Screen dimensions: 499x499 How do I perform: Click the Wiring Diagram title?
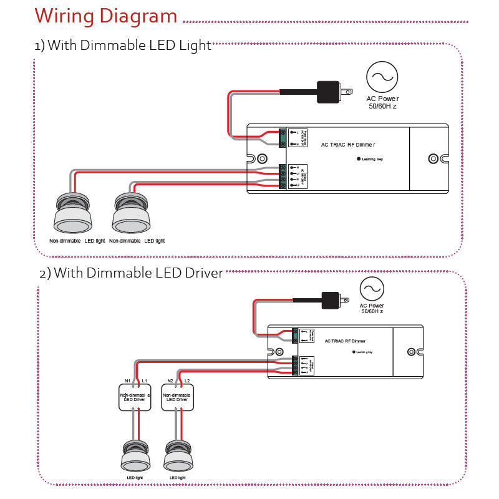click(106, 16)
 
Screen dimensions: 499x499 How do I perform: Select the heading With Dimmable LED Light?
click(123, 46)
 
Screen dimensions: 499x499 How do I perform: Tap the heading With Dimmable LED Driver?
click(131, 273)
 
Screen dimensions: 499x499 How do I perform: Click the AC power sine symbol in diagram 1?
click(382, 77)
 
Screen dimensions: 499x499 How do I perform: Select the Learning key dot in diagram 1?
click(359, 158)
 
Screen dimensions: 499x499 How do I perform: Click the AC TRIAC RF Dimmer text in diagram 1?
click(352, 145)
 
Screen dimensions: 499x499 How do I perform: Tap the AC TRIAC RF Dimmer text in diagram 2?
click(345, 341)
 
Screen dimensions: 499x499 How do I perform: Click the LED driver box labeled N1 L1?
click(135, 397)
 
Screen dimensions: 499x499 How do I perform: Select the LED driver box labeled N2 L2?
click(178, 397)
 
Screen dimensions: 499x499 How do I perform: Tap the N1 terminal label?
click(127, 380)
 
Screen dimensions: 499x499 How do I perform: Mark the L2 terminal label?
click(187, 380)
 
